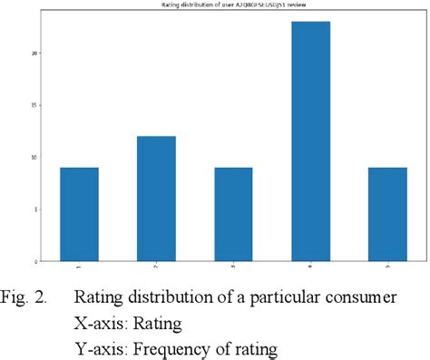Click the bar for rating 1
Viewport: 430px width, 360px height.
79,214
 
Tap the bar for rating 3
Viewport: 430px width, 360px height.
234,214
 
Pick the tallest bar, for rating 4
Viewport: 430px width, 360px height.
311,141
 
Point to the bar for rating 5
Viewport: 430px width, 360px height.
388,214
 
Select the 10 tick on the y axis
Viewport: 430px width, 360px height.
34,157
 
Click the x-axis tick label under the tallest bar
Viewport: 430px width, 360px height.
311,268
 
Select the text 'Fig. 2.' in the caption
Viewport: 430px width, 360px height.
28,297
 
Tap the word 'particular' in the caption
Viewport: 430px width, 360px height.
286,298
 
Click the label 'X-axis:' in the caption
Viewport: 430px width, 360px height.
103,322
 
